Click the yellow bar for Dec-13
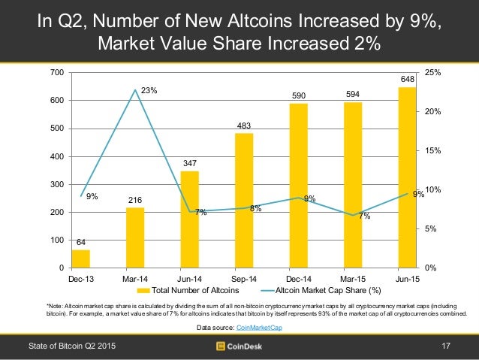point(80,259)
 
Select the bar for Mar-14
point(135,237)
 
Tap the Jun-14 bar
point(190,219)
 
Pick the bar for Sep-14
point(244,201)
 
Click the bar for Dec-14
point(299,186)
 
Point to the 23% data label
point(149,91)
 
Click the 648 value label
point(408,78)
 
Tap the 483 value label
point(244,124)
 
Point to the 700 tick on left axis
point(57,73)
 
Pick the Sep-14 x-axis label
point(244,279)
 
